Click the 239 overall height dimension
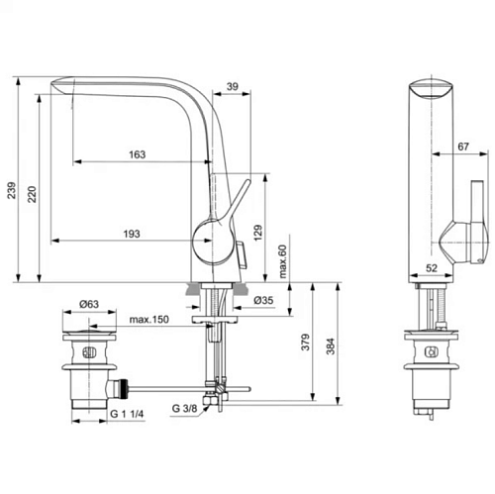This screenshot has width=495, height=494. point(12,190)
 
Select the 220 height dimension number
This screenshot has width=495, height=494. point(32,194)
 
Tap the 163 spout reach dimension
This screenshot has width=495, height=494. point(137,154)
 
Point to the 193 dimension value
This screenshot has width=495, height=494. point(132,234)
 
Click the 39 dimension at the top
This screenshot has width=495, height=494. point(233,86)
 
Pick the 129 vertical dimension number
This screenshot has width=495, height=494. point(258,233)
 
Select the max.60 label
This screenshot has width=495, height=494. point(283,261)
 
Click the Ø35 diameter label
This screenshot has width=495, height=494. point(263,300)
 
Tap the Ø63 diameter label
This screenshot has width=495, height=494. point(89,304)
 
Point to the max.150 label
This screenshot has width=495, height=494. point(148,320)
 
